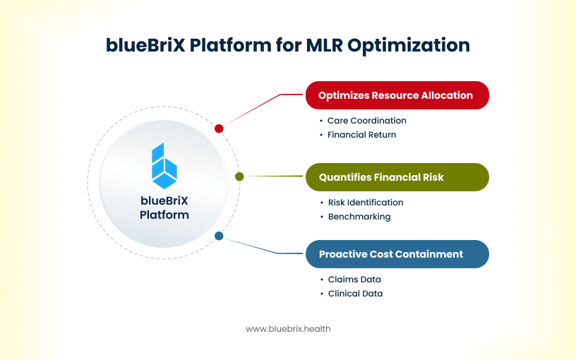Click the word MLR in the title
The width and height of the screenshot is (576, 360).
click(325, 45)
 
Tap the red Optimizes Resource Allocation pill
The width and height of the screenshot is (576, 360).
click(397, 95)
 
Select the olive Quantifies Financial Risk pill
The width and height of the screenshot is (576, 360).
click(397, 177)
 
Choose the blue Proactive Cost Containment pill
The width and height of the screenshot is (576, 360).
click(397, 254)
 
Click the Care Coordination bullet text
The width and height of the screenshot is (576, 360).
click(366, 121)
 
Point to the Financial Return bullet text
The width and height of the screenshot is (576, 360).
click(361, 135)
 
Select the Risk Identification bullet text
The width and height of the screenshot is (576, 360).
click(365, 203)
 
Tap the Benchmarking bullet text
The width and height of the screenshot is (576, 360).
click(359, 217)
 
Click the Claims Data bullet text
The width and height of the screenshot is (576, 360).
click(354, 280)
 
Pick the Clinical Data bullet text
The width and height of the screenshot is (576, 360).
click(355, 294)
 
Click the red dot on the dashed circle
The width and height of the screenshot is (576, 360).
click(219, 128)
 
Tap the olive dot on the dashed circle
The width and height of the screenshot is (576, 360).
click(239, 176)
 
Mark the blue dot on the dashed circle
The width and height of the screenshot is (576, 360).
click(219, 236)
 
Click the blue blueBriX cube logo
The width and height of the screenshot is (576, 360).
click(164, 166)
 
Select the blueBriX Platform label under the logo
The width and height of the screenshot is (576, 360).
click(164, 208)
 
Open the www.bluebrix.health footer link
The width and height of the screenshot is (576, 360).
click(288, 329)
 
